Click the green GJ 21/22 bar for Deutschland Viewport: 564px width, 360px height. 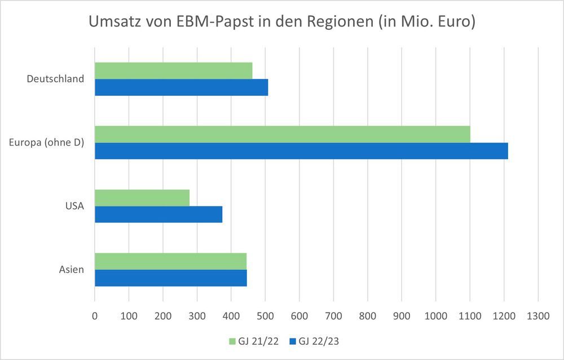pyautogui.click(x=173, y=71)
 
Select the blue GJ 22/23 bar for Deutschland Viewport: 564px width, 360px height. pyautogui.click(x=181, y=87)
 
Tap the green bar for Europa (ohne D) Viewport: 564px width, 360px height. pyautogui.click(x=282, y=134)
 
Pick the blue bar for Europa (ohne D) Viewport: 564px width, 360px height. pyautogui.click(x=301, y=151)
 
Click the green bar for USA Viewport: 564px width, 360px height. pyautogui.click(x=142, y=197)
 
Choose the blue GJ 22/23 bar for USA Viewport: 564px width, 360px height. pyautogui.click(x=158, y=214)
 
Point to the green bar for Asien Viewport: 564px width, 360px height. pyautogui.click(x=170, y=261)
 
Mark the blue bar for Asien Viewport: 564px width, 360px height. pyautogui.click(x=170, y=278)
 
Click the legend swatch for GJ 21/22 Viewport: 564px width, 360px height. pyautogui.click(x=232, y=341)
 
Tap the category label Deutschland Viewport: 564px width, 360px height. pyautogui.click(x=55, y=79)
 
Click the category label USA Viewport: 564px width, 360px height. pyautogui.click(x=74, y=206)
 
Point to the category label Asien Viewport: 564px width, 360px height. pyautogui.click(x=72, y=270)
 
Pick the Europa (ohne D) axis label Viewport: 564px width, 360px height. pyautogui.click(x=47, y=143)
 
